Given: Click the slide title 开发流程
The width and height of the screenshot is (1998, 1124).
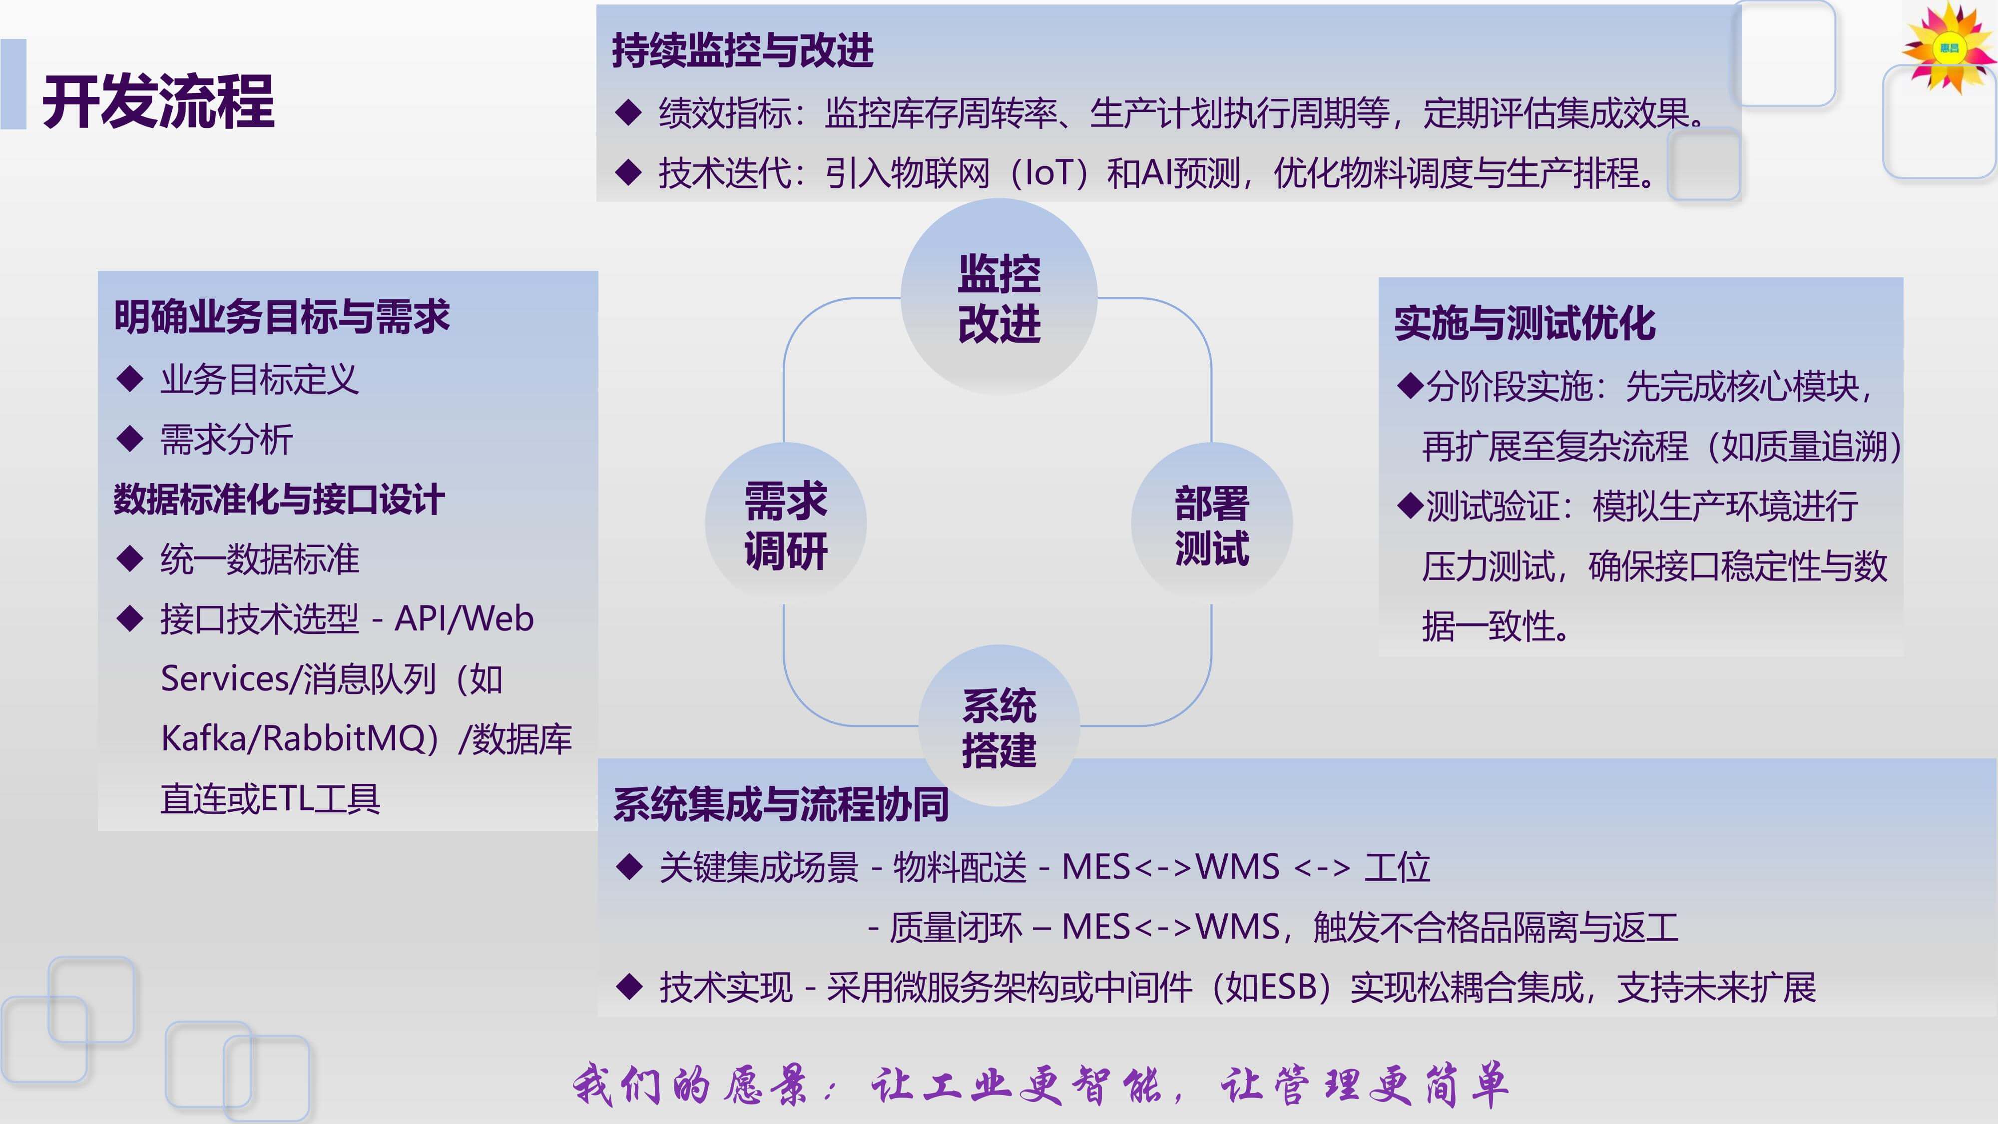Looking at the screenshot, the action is [x=158, y=101].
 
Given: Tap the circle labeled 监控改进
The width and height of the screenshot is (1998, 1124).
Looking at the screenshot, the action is [x=999, y=296].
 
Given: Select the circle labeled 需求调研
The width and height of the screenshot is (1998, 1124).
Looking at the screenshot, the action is [x=786, y=524].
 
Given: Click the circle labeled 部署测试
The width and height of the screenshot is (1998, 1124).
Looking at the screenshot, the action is [x=1211, y=524].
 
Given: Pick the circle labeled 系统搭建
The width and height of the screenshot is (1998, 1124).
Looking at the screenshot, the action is [x=999, y=726].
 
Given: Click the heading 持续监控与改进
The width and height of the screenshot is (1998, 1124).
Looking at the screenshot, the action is [x=742, y=50].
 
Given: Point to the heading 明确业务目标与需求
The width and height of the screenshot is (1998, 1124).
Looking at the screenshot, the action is [x=282, y=317].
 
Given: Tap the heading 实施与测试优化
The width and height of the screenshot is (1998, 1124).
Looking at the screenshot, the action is [x=1525, y=323].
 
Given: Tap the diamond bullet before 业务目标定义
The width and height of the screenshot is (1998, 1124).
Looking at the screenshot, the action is [x=129, y=379].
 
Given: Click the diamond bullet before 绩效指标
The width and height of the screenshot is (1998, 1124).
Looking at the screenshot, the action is [x=628, y=112].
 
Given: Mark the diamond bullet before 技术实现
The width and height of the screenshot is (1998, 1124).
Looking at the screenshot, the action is [x=629, y=987].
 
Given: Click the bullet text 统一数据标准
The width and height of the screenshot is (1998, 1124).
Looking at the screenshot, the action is [x=260, y=560].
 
